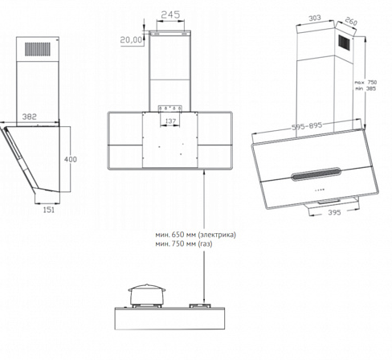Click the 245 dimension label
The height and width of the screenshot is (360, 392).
(x=170, y=14)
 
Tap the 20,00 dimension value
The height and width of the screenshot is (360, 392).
(x=131, y=40)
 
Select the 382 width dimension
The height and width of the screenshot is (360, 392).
(x=29, y=117)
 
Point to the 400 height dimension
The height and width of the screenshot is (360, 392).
(x=71, y=159)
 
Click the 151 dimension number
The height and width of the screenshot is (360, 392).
(x=48, y=210)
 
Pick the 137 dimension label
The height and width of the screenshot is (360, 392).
(x=170, y=121)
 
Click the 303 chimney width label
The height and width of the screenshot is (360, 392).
(x=315, y=18)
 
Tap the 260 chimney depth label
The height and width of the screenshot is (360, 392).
(x=351, y=21)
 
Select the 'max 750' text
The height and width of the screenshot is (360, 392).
(x=365, y=82)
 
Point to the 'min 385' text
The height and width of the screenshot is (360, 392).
(x=365, y=88)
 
